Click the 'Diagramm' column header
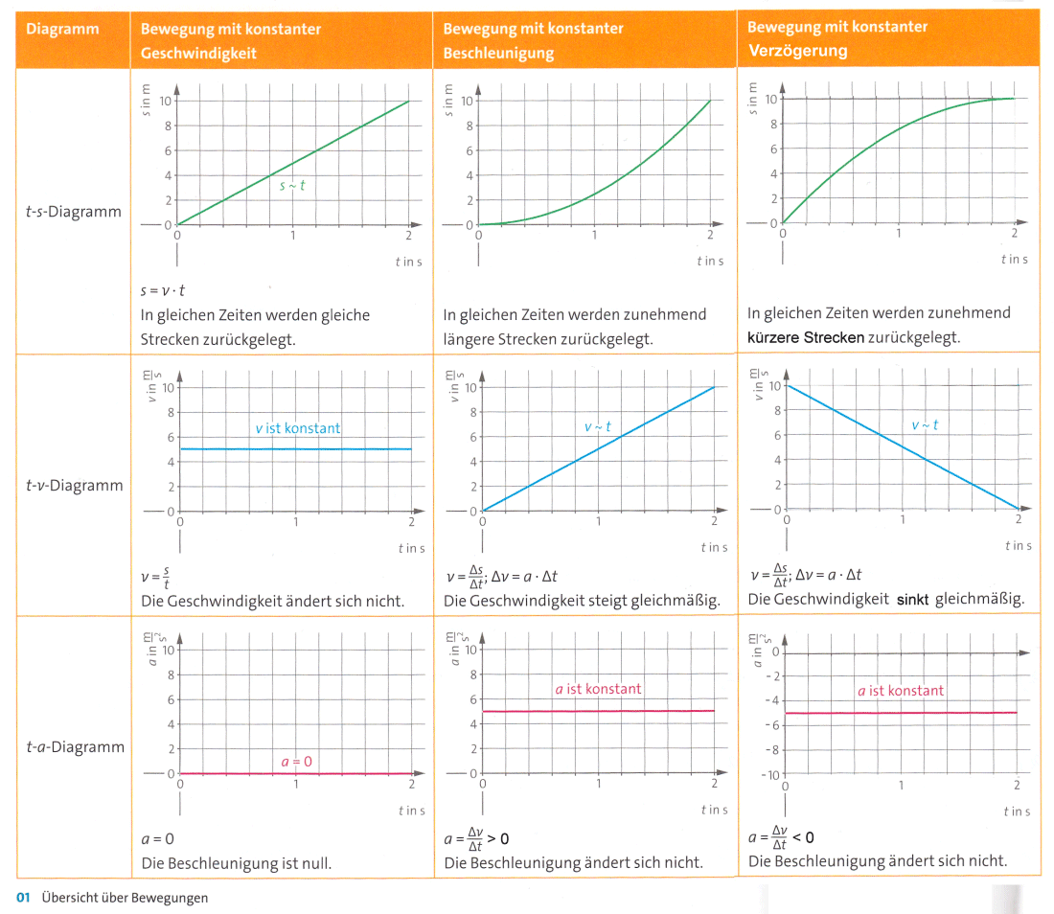point(62,29)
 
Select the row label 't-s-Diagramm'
point(74,212)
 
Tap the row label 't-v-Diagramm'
point(74,486)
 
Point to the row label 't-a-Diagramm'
point(74,747)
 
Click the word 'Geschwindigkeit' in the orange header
point(198,54)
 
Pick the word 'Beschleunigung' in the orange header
point(498,54)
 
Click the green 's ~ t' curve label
point(292,187)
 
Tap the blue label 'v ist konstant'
point(297,428)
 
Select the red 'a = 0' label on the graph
point(296,762)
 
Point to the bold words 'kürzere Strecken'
point(806,337)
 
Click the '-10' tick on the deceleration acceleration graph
point(770,774)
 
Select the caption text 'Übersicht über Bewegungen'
point(125,898)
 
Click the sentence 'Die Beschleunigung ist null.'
point(236,863)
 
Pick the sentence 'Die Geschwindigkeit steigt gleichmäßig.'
point(581,601)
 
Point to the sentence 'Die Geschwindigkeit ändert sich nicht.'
point(272,602)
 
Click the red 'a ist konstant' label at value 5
point(598,689)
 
